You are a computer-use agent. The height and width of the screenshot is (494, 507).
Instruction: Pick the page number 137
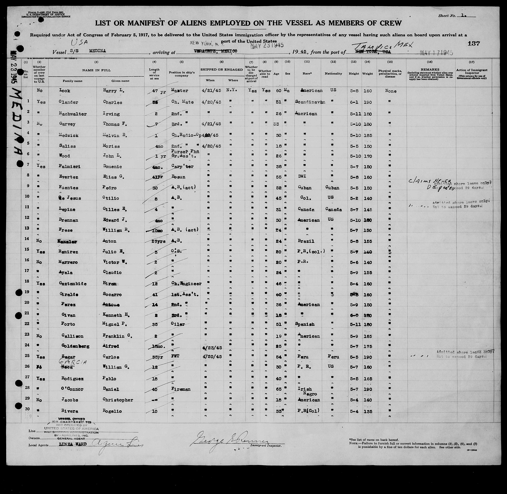tap(474, 44)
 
